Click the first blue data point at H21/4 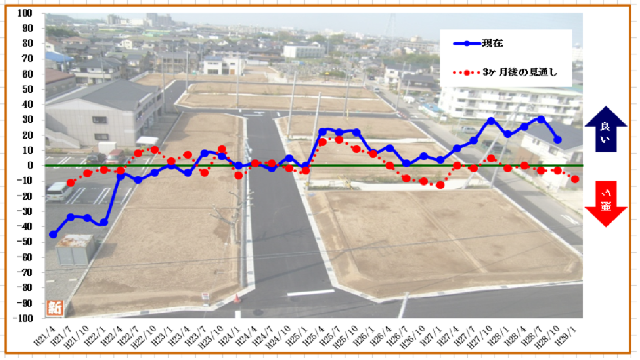coord(53,234)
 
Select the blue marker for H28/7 coord(541,119)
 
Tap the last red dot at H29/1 coord(575,179)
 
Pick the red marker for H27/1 coord(441,185)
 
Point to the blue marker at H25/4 coord(322,131)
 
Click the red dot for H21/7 coord(71,182)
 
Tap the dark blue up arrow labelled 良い coord(605,129)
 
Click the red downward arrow coord(605,204)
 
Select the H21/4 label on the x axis coord(43,336)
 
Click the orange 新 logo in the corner coord(54,307)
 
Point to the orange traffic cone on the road coord(237,298)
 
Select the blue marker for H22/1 coord(104,222)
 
